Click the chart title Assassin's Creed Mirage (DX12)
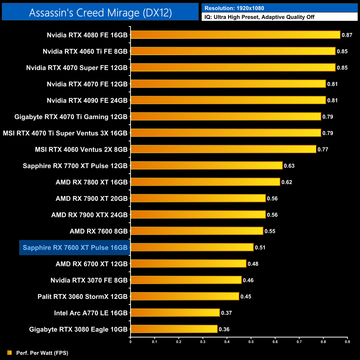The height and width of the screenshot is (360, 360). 100,13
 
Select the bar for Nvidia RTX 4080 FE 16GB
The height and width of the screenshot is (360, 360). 235,35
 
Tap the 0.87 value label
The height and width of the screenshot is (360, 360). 347,35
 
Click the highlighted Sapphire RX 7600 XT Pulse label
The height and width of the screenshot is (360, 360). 75,248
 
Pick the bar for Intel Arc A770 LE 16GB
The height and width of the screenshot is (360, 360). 175,313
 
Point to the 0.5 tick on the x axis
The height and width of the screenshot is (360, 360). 251,342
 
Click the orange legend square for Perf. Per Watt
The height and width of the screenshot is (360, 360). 10,353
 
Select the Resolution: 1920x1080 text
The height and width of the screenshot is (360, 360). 234,8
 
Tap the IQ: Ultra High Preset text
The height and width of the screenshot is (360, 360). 259,17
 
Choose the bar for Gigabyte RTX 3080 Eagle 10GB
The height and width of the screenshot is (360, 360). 174,329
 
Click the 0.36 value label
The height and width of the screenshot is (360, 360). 224,329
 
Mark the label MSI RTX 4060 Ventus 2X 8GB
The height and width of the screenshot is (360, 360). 81,150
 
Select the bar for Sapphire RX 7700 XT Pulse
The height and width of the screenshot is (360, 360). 207,166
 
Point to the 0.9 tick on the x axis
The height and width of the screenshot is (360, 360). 347,342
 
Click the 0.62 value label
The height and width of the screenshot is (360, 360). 287,182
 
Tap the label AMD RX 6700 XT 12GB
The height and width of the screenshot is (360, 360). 92,264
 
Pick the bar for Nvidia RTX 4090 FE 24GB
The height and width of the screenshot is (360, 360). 228,100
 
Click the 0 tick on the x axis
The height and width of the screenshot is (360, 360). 130,342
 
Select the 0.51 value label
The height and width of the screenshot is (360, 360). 260,248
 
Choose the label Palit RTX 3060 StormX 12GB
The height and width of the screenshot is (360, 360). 83,297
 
